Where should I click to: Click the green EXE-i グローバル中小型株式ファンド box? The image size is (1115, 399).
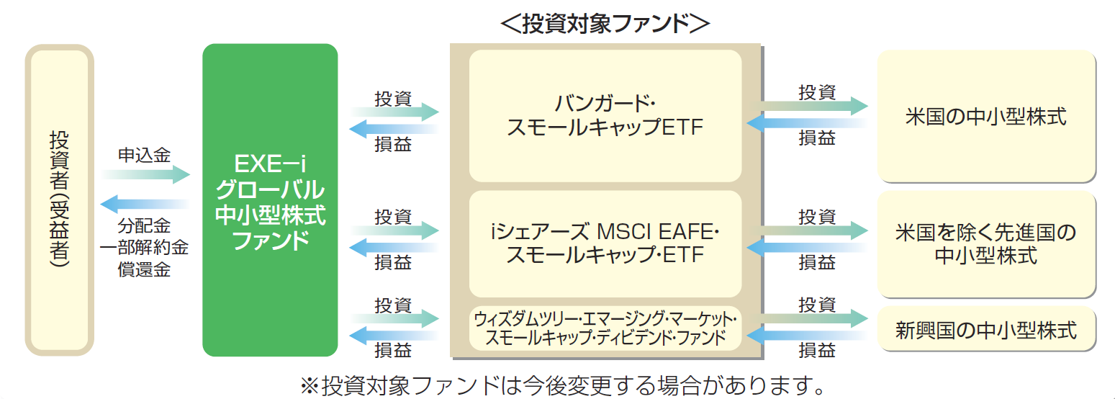click(270, 199)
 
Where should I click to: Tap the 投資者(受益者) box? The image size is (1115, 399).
click(60, 199)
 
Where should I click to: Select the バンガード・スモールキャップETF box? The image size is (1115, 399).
click(605, 115)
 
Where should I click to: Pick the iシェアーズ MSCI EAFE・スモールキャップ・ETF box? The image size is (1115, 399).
click(605, 243)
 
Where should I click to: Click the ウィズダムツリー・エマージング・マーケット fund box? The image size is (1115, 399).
click(605, 328)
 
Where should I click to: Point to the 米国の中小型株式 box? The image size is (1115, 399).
click(986, 115)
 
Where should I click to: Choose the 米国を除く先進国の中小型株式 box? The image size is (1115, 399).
click(986, 243)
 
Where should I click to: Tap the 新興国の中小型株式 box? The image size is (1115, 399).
click(986, 330)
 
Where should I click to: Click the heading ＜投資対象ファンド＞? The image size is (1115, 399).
click(605, 22)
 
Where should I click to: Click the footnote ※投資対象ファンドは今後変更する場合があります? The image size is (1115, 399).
click(561, 385)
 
